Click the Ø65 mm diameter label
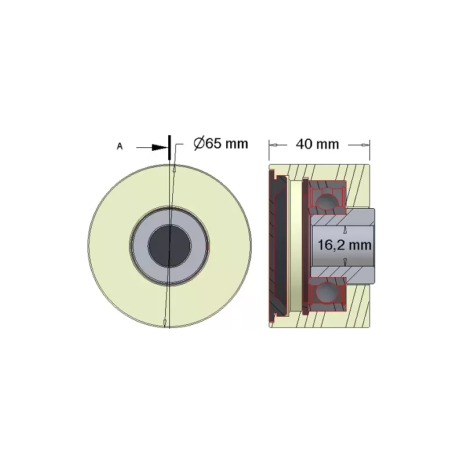(x=221, y=144)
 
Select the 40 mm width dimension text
(x=317, y=144)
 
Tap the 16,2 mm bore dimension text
(x=345, y=245)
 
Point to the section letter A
(x=119, y=146)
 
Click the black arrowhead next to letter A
(x=159, y=147)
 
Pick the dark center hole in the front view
(x=169, y=246)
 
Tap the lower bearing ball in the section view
(x=327, y=291)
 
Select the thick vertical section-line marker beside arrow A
(x=169, y=147)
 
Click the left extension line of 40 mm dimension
(x=269, y=151)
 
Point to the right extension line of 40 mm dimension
(x=369, y=151)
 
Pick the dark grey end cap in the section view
(x=278, y=245)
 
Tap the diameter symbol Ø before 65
(x=200, y=144)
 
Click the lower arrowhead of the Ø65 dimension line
(x=165, y=323)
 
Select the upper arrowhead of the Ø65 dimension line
(x=175, y=169)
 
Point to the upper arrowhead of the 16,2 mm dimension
(x=345, y=230)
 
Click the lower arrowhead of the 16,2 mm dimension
(x=345, y=261)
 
